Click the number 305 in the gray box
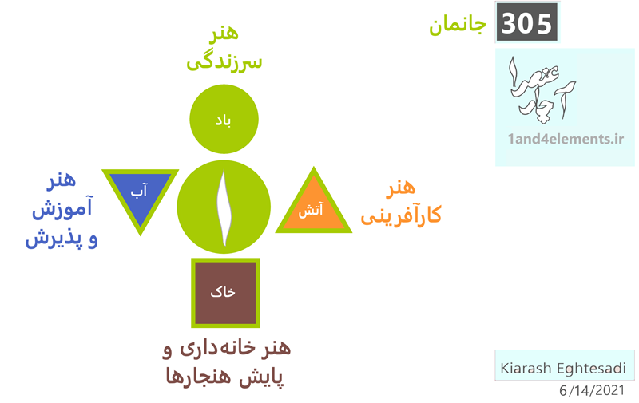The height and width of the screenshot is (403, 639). pyautogui.click(x=526, y=23)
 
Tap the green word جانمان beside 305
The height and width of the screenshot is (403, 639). pyautogui.click(x=457, y=26)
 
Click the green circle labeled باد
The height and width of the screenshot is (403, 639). pyautogui.click(x=224, y=119)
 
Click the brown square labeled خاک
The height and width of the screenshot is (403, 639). pyautogui.click(x=225, y=293)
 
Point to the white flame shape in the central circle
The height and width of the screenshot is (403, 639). pyautogui.click(x=224, y=208)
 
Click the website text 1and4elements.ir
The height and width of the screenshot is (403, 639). pyautogui.click(x=566, y=139)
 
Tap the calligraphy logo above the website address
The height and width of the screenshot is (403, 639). pyautogui.click(x=541, y=89)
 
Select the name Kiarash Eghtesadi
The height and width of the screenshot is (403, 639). pyautogui.click(x=563, y=368)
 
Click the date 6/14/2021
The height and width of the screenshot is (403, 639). pyautogui.click(x=592, y=390)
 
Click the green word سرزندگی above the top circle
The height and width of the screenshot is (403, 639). pyautogui.click(x=224, y=63)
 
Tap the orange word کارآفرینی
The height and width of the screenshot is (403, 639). pyautogui.click(x=401, y=215)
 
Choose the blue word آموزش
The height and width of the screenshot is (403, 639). pyautogui.click(x=62, y=207)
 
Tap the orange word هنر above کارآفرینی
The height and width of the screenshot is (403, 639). pyautogui.click(x=401, y=188)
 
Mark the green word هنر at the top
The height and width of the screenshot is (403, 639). pyautogui.click(x=224, y=33)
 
